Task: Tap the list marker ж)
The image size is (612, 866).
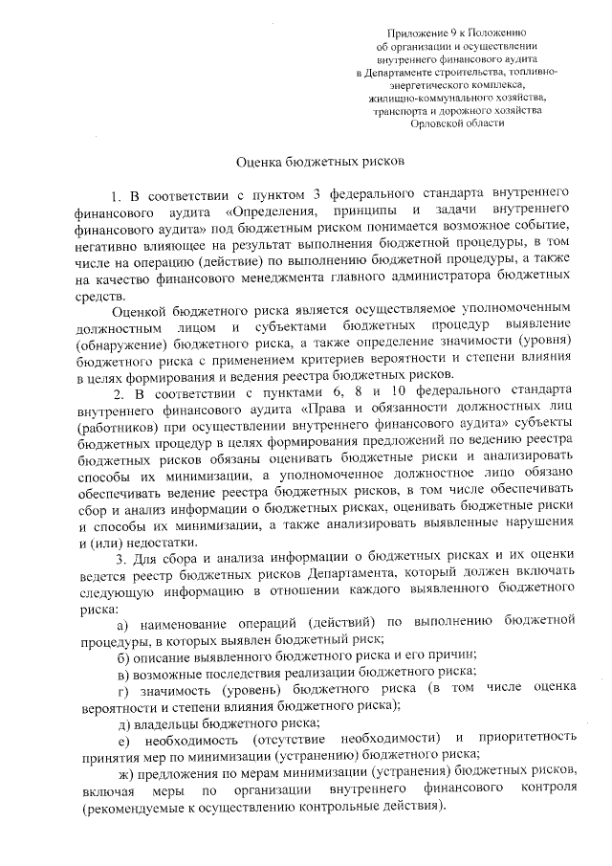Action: pyautogui.click(x=123, y=769)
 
